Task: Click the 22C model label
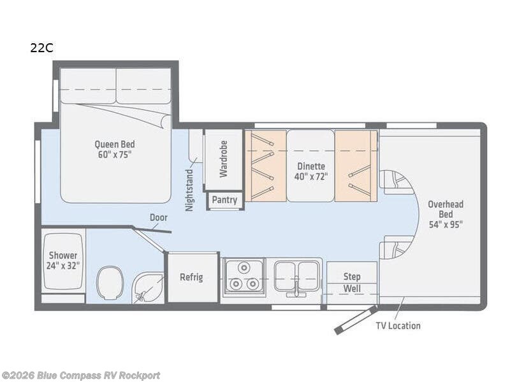pyautogui.click(x=41, y=48)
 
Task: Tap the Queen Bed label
pyautogui.click(x=115, y=149)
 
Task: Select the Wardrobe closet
pyautogui.click(x=223, y=159)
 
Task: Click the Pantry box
pyautogui.click(x=224, y=200)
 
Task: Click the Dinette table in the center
pyautogui.click(x=310, y=166)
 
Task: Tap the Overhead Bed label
pyautogui.click(x=445, y=214)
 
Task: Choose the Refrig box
pyautogui.click(x=191, y=277)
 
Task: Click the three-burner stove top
pyautogui.click(x=244, y=277)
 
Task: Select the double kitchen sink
pyautogui.click(x=297, y=276)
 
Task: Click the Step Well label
pyautogui.click(x=352, y=282)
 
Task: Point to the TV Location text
pyautogui.click(x=398, y=325)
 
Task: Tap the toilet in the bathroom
pyautogui.click(x=110, y=283)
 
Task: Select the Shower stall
pyautogui.click(x=63, y=261)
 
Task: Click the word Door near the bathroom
pyautogui.click(x=159, y=217)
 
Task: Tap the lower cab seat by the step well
pyautogui.click(x=395, y=246)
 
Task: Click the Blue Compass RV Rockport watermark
pyautogui.click(x=80, y=376)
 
